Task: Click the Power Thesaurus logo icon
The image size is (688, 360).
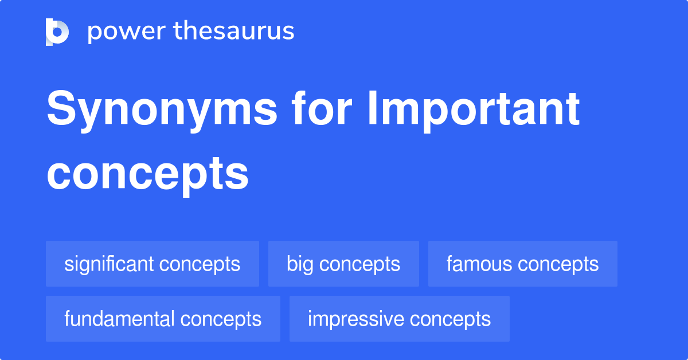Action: [57, 32]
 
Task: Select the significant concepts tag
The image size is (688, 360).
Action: [153, 264]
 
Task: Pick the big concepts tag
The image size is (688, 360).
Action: [343, 264]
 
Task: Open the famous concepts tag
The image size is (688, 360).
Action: [522, 264]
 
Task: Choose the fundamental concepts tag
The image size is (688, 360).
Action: [163, 319]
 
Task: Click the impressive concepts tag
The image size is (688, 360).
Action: [399, 319]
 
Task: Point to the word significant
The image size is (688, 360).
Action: [109, 264]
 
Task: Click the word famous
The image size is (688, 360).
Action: [479, 264]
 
